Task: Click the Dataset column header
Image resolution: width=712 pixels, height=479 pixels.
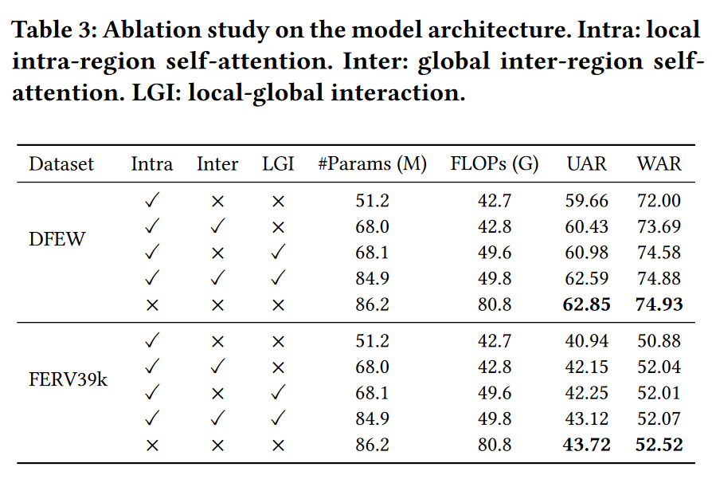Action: click(x=61, y=164)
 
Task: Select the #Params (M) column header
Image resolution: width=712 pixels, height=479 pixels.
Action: click(x=372, y=164)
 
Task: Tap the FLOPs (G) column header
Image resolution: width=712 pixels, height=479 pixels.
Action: click(x=494, y=164)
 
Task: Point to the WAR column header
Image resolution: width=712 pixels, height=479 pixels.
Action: click(x=659, y=164)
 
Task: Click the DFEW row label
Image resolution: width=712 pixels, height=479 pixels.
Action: click(x=57, y=239)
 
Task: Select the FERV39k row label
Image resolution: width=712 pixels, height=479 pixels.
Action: click(x=68, y=379)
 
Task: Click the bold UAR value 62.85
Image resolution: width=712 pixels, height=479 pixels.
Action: click(x=587, y=304)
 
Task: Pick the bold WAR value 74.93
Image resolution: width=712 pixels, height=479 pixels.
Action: click(x=659, y=304)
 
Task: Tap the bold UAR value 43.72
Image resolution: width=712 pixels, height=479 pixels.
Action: click(x=587, y=444)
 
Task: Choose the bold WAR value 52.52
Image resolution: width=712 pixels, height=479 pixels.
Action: click(x=659, y=444)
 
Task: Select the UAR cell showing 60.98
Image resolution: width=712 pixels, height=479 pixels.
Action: click(x=587, y=253)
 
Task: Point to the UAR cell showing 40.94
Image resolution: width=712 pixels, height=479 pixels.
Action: click(x=587, y=341)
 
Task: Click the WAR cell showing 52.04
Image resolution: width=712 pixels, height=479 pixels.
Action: click(x=659, y=367)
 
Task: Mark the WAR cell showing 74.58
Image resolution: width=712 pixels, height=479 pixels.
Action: click(x=659, y=253)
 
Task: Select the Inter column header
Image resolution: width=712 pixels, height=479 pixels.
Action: click(x=217, y=164)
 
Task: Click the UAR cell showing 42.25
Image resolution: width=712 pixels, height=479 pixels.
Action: click(x=587, y=392)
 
